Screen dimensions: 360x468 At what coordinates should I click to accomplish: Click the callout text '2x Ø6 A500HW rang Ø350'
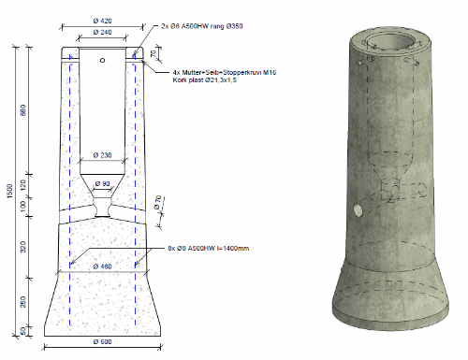[207, 26]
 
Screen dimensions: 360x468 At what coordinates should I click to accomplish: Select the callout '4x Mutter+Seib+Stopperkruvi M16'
[225, 72]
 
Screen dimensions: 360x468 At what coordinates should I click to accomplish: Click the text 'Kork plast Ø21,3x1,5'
[206, 80]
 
